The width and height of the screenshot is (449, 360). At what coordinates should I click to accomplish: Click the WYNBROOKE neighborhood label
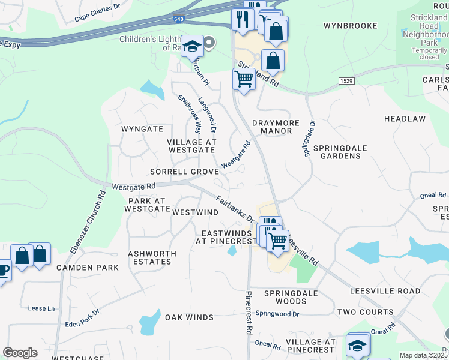(350, 26)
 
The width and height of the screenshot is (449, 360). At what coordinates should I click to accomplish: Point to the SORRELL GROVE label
(184, 172)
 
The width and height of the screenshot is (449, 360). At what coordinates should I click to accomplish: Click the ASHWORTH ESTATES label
(152, 257)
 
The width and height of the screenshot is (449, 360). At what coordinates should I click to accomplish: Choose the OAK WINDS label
(189, 317)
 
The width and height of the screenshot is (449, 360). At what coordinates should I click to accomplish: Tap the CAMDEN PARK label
(88, 268)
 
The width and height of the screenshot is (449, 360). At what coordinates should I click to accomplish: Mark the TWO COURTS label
(365, 312)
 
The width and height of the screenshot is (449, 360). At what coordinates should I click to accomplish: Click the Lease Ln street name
(41, 308)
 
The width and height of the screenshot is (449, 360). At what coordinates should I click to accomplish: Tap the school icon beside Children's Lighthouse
(192, 47)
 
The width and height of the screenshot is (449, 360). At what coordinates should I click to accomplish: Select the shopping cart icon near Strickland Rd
(243, 78)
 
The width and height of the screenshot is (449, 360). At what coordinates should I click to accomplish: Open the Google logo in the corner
(20, 352)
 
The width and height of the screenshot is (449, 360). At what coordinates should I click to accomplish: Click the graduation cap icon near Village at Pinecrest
(357, 345)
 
